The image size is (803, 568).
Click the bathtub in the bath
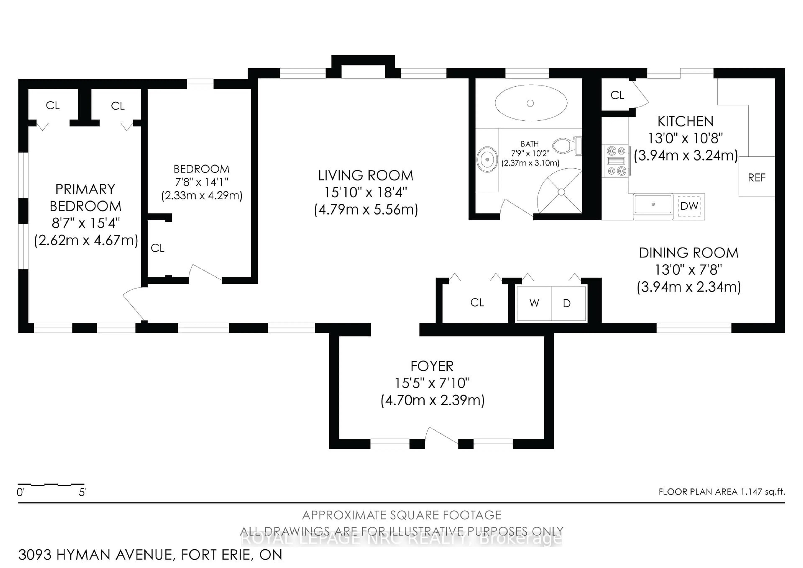tap(531, 103)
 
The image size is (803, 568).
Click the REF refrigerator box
tap(757, 177)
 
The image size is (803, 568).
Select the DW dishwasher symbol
tap(689, 206)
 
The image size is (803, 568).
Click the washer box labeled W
tap(534, 303)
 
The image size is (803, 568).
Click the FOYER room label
tap(432, 366)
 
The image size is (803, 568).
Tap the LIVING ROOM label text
tap(366, 175)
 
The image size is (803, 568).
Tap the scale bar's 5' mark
tap(83, 492)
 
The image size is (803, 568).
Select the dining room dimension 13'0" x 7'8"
tap(688, 270)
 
